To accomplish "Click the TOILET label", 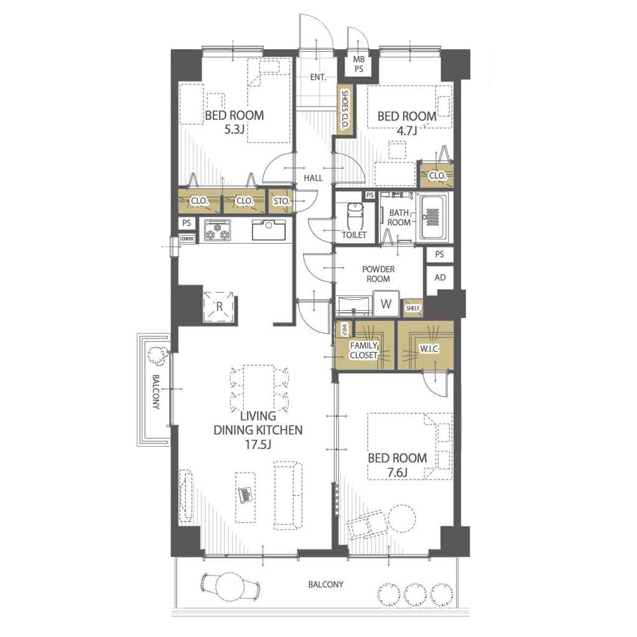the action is pos(354,235).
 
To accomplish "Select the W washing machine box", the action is pos(386,304).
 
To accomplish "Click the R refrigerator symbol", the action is pos(220,306).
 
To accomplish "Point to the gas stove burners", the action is pos(217,231).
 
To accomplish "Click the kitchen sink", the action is pos(269,230).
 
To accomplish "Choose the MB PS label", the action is pos(358,64).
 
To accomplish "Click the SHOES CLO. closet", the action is pos(345,110).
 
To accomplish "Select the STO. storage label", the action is pos(281,201).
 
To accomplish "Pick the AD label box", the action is pos(440,278).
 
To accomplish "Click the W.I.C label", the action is pos(429,348).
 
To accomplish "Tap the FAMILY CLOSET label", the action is pos(364,350).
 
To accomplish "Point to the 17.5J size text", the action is pos(258,444).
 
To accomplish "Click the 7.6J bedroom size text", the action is pos(398,473).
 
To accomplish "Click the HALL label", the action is pos(314,178).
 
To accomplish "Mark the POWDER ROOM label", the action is pos(378,274).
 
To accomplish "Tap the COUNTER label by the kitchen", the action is pos(187,239).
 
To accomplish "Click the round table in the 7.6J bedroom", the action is pos(401,518).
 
